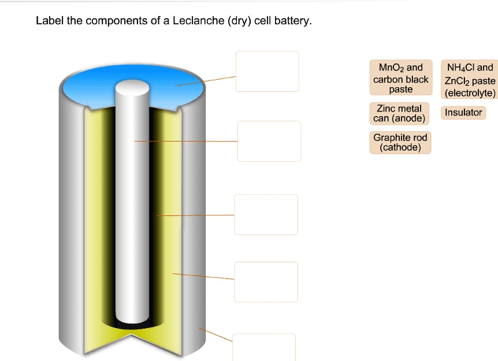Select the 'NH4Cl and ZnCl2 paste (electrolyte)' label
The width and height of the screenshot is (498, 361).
tap(469, 80)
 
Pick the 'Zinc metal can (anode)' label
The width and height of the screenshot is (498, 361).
tap(399, 113)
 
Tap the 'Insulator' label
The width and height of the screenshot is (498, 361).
tap(463, 113)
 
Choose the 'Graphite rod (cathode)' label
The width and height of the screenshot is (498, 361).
tap(400, 142)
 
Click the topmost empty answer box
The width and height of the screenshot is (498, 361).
tap(267, 71)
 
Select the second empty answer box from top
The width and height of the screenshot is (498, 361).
tap(269, 141)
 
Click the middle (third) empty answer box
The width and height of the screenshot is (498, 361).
tap(266, 214)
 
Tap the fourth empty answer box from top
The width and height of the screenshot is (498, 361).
tap(266, 282)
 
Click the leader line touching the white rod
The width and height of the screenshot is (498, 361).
tap(185, 141)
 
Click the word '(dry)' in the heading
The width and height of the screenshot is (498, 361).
tap(240, 21)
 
